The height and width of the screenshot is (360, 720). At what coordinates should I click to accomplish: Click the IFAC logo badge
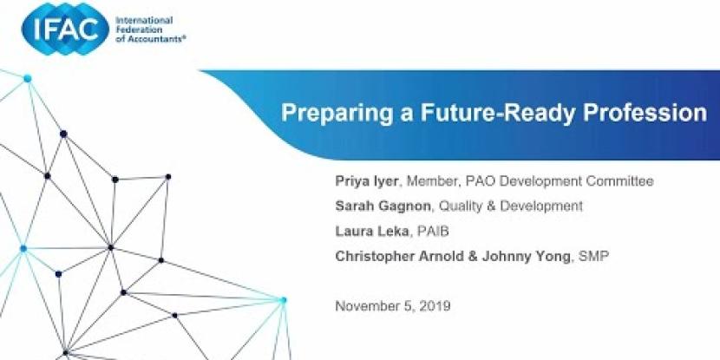click(x=66, y=29)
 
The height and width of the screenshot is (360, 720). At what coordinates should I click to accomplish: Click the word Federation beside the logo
click(x=133, y=30)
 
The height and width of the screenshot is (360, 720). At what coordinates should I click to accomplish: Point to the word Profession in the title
click(x=645, y=112)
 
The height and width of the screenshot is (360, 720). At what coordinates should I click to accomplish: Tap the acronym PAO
click(x=481, y=181)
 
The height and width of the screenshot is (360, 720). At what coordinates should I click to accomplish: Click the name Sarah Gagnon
click(x=383, y=206)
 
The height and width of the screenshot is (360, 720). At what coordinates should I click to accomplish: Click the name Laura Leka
click(x=372, y=231)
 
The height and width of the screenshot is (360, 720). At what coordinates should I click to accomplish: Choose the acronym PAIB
click(x=433, y=231)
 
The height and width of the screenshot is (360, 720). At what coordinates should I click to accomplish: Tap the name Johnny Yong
click(x=527, y=256)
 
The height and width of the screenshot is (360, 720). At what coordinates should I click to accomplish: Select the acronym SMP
click(x=593, y=256)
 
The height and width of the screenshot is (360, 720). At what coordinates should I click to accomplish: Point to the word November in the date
click(x=364, y=305)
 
